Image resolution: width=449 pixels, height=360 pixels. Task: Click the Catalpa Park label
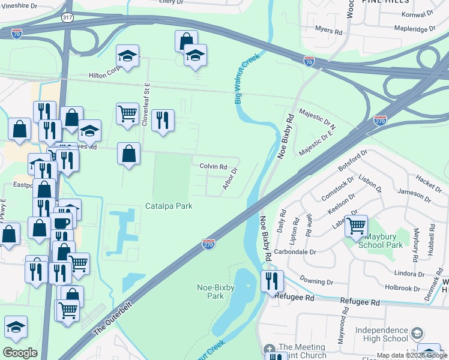tap(169, 206)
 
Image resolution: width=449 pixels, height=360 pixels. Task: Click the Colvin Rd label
tap(213, 167)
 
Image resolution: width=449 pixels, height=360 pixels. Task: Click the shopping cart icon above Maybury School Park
tap(357, 226)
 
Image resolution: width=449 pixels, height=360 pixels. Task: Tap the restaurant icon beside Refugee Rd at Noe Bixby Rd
tap(273, 280)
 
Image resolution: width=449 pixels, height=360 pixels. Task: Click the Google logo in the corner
tap(20, 352)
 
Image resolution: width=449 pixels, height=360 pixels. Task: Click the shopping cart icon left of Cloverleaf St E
tap(127, 113)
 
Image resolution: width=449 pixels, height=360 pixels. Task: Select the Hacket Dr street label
tap(428, 179)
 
